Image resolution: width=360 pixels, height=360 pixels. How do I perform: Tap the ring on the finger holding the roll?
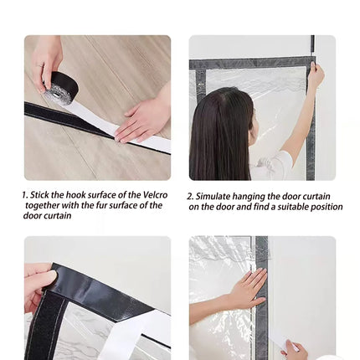pos(39,66)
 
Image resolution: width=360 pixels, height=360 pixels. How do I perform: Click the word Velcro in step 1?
pos(156,194)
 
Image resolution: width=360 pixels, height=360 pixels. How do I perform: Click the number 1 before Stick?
pos(24,195)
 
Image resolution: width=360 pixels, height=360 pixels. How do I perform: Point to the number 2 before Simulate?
pos(190,197)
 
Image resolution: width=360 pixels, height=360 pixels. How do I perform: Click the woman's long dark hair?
pos(219,133)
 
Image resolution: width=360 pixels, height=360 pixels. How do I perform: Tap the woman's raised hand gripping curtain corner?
pos(316,74)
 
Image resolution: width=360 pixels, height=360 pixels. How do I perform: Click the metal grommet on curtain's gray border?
pos(200,85)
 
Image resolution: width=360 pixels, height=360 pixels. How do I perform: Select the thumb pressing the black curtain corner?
pos(43,277)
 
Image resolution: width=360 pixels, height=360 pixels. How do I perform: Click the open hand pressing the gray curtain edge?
pos(249,287)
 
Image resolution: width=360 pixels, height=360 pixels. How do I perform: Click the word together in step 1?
pos(43,206)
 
